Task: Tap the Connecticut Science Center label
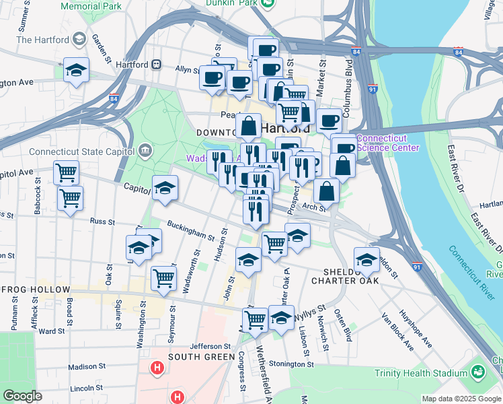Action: tap(388, 143)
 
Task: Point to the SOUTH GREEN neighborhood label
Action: tap(196, 356)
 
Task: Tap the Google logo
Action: tap(22, 396)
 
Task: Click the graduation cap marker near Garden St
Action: tap(77, 69)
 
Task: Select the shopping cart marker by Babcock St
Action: tap(66, 172)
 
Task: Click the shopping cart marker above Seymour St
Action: tap(164, 277)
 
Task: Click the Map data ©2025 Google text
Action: tap(461, 399)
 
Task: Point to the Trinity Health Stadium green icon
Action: tap(477, 371)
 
